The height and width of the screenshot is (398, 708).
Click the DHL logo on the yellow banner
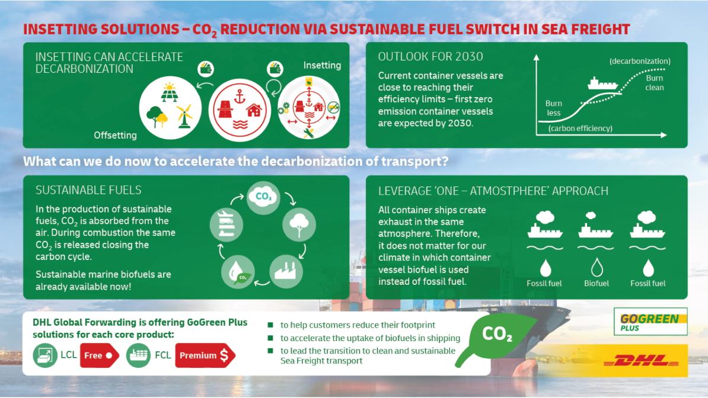(x=646, y=360)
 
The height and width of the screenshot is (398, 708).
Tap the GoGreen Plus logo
(x=650, y=322)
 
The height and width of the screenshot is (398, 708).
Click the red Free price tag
(x=98, y=355)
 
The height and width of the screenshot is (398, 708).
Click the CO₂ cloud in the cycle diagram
(x=263, y=197)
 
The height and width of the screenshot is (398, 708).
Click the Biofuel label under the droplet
(x=596, y=283)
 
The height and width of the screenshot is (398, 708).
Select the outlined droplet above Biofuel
(x=596, y=267)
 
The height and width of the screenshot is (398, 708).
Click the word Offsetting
(x=115, y=135)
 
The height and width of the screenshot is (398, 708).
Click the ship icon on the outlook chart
(x=603, y=84)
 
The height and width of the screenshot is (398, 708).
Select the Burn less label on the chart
(x=553, y=108)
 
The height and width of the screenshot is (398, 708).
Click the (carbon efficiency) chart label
(x=580, y=129)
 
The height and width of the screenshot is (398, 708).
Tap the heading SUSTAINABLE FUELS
(x=88, y=190)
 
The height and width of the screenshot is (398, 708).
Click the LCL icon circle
(x=46, y=355)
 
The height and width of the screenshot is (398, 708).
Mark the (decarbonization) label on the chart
(x=640, y=62)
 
